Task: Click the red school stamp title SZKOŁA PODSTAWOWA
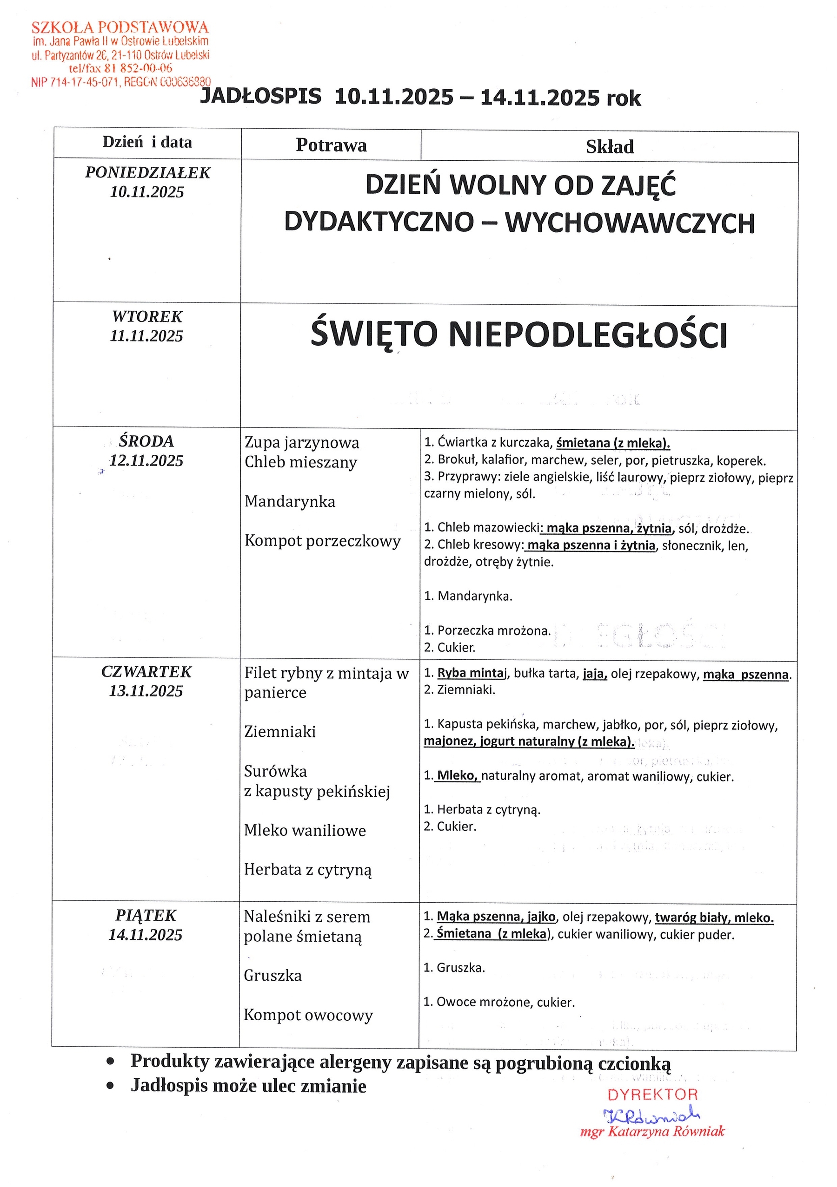point(120,27)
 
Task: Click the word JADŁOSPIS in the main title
point(260,97)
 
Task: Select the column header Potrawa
point(331,145)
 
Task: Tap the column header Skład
point(610,147)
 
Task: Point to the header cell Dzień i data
point(147,142)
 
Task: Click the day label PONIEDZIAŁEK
point(147,173)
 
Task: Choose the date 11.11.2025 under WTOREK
point(146,336)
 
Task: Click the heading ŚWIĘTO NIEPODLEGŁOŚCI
point(518,334)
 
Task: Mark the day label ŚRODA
point(146,441)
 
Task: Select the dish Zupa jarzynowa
point(302,443)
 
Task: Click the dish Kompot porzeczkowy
point(322,541)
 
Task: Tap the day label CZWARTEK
point(146,672)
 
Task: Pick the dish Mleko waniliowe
point(305,830)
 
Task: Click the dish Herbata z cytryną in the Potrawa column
point(308,870)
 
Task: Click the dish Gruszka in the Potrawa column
point(272,976)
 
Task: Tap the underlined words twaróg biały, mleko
point(714,918)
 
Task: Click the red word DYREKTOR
point(652,1095)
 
